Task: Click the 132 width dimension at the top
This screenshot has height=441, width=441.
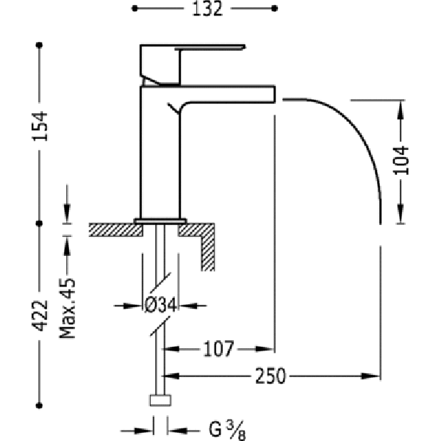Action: click(207, 9)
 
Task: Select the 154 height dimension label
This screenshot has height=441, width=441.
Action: click(40, 126)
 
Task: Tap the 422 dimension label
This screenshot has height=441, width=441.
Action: click(40, 315)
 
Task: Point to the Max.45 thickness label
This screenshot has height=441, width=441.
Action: click(68, 308)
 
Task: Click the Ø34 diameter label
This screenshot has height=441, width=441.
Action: click(160, 305)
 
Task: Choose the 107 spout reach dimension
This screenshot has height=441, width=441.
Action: click(218, 349)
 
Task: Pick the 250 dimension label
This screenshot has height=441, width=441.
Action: click(270, 376)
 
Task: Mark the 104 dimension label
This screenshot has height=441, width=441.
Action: click(401, 160)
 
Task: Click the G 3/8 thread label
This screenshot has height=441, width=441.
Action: click(227, 430)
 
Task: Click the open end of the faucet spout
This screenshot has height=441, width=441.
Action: click(274, 93)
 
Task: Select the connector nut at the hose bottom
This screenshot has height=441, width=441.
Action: click(160, 401)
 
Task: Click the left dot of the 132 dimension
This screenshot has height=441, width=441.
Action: click(135, 8)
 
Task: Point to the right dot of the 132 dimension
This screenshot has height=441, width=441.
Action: click(274, 8)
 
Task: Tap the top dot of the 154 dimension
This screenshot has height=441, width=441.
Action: click(40, 45)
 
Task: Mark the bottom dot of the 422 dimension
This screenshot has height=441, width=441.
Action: click(40, 406)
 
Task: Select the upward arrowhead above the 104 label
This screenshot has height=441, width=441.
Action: click(401, 109)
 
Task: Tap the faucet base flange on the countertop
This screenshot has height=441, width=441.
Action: click(160, 220)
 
